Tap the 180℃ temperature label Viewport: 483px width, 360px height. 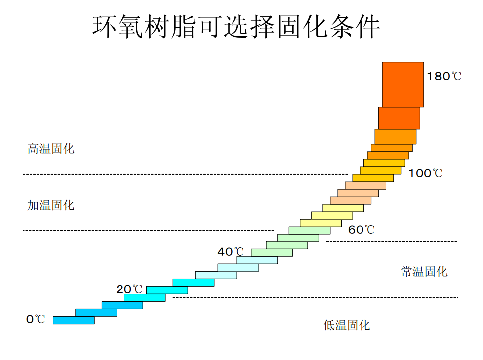click(x=444, y=77)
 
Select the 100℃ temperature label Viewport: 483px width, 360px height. click(x=425, y=174)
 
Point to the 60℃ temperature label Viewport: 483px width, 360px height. click(x=361, y=230)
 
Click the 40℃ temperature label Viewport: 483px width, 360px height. click(x=231, y=252)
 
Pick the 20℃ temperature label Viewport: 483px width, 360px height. click(x=129, y=289)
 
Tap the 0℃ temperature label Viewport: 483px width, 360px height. click(x=36, y=319)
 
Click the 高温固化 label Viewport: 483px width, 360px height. click(x=51, y=149)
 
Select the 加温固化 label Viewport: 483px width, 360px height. click(x=51, y=205)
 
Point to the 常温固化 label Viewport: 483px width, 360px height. click(x=424, y=272)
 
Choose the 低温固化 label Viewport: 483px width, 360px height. click(x=347, y=326)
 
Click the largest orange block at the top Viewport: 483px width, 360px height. click(x=403, y=84)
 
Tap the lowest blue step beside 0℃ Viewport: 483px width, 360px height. click(x=73, y=320)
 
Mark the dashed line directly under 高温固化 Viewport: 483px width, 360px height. click(x=184, y=174)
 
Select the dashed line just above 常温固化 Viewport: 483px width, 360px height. click(x=391, y=241)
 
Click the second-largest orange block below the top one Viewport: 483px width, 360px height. click(x=399, y=118)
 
